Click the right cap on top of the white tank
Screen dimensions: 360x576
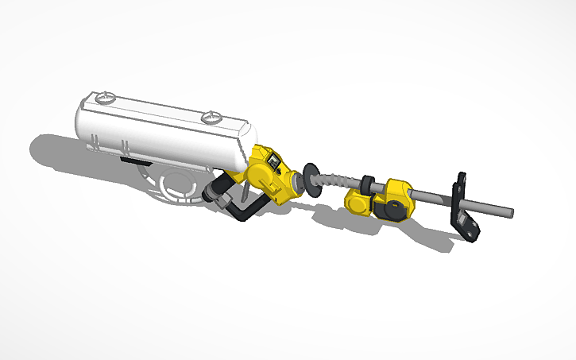[x=211, y=118]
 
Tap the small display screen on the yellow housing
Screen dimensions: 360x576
[x=272, y=164]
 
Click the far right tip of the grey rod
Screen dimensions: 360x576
[x=511, y=212]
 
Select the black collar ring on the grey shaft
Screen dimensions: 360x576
[x=368, y=184]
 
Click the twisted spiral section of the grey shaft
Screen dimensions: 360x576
[x=334, y=184]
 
